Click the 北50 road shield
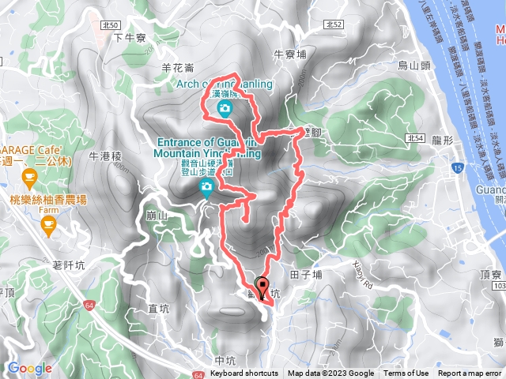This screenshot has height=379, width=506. tap(110, 26)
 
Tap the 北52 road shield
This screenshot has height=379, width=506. tap(334, 26)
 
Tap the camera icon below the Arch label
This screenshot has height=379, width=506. tap(225, 108)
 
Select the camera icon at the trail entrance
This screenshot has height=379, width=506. tap(206, 188)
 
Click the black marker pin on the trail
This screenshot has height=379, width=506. tap(262, 288)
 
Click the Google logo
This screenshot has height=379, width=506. tap(29, 368)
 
